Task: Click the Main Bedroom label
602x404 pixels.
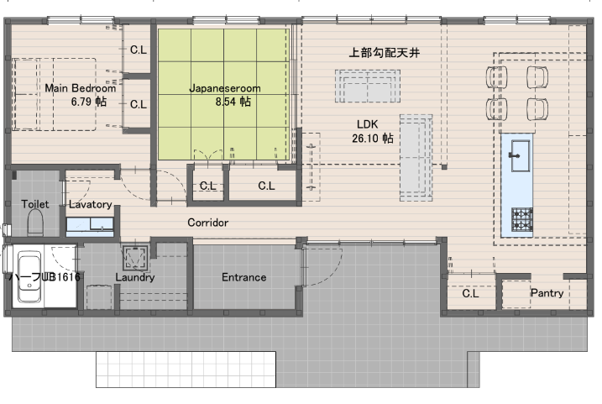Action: tap(81, 88)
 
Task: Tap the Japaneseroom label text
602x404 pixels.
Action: tap(225, 88)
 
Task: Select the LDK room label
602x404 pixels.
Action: tap(368, 124)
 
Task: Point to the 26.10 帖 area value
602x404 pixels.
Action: tap(373, 139)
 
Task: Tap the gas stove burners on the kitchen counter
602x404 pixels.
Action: tap(521, 219)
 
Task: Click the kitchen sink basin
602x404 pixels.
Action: tap(520, 156)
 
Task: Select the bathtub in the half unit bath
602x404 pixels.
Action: tap(29, 276)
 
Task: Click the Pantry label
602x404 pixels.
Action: tap(547, 293)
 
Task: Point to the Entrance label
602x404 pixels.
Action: tap(243, 277)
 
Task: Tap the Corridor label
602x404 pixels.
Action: tap(207, 223)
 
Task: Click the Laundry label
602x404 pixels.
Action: tap(135, 277)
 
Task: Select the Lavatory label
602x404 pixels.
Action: tap(90, 204)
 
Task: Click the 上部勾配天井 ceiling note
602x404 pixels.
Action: tap(384, 53)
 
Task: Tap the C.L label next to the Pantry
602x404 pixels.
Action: tap(470, 294)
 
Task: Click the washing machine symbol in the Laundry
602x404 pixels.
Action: tap(135, 257)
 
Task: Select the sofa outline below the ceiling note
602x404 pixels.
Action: tap(368, 86)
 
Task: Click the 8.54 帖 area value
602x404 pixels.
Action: tap(233, 102)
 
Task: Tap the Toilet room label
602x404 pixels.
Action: tap(35, 204)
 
